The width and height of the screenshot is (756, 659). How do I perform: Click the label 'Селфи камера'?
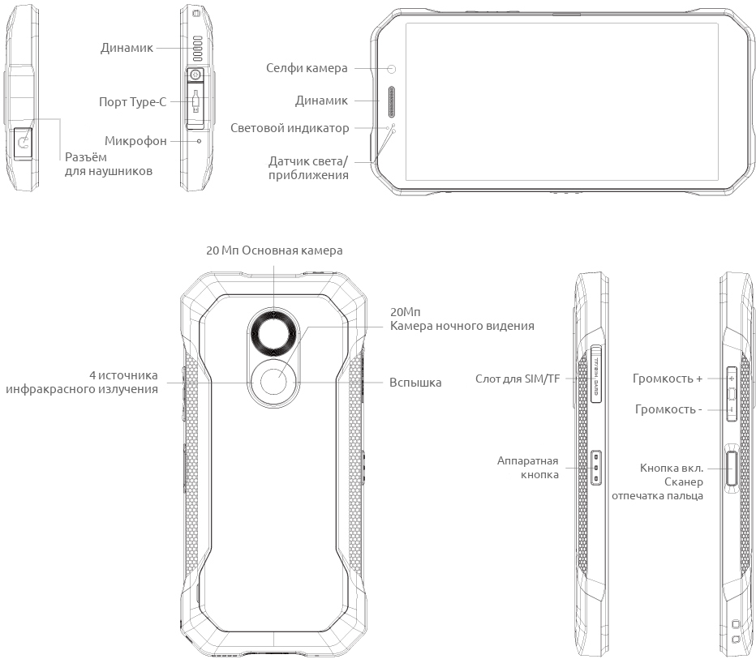tap(307, 68)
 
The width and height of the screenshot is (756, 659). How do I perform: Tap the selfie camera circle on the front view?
tap(391, 69)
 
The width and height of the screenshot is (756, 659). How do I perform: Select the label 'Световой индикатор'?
tap(290, 128)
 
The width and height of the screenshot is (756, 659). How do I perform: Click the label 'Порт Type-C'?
tap(131, 102)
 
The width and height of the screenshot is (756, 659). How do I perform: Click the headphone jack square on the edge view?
tap(24, 143)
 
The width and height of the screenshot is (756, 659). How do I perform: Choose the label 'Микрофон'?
tap(135, 141)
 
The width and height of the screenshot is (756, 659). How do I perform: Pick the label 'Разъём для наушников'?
tap(108, 165)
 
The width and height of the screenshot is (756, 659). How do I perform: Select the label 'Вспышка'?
tap(415, 382)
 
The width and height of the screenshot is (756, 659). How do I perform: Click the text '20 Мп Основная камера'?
tap(274, 250)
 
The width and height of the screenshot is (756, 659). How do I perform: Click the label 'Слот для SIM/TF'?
tap(518, 379)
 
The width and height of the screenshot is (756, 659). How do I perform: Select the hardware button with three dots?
tap(596, 469)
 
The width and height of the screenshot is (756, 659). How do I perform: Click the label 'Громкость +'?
tap(667, 379)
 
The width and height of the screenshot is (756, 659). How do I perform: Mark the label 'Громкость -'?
tap(668, 409)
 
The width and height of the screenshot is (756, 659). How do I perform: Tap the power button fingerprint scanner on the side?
tap(732, 468)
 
